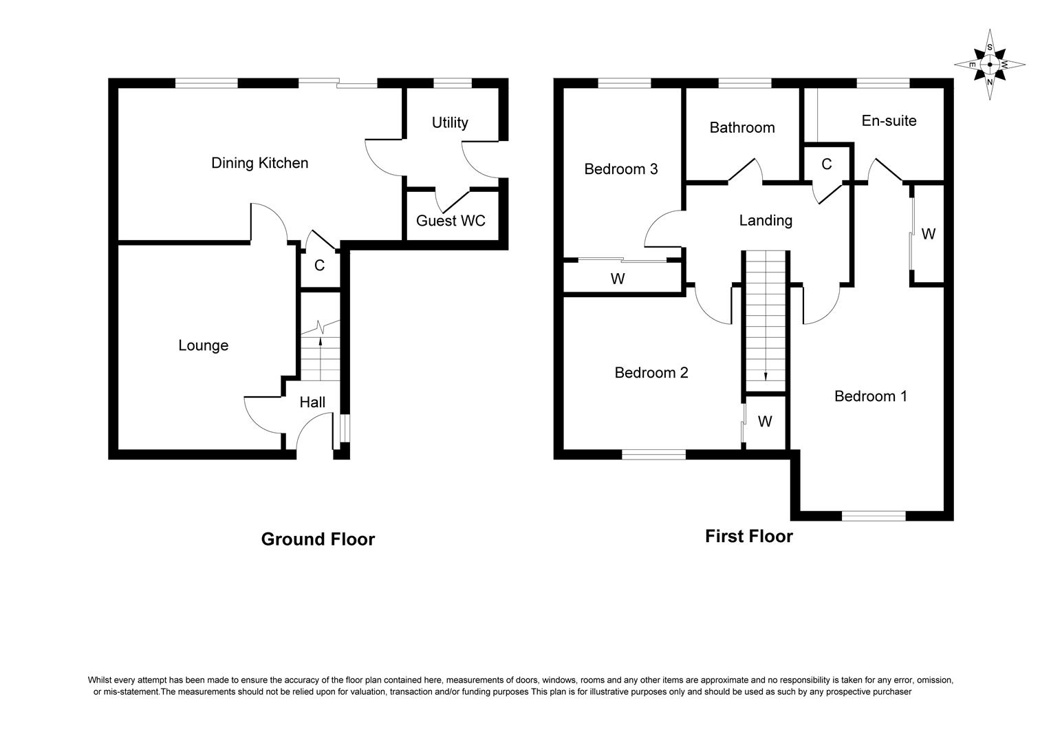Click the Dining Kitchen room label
[x=259, y=163]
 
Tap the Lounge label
[x=203, y=345]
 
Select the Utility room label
[x=450, y=122]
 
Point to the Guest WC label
[x=451, y=221]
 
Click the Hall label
[x=312, y=402]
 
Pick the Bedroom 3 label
[x=620, y=169]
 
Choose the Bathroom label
[x=741, y=127]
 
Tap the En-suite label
[x=889, y=121]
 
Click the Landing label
[x=766, y=220]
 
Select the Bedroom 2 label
[x=651, y=373]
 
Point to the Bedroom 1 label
[x=870, y=396]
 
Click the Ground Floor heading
[x=318, y=539]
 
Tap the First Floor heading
[x=748, y=537]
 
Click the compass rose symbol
[x=989, y=65]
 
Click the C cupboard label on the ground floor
[x=319, y=266]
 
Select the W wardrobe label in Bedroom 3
[x=618, y=279]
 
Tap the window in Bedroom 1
[x=874, y=515]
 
